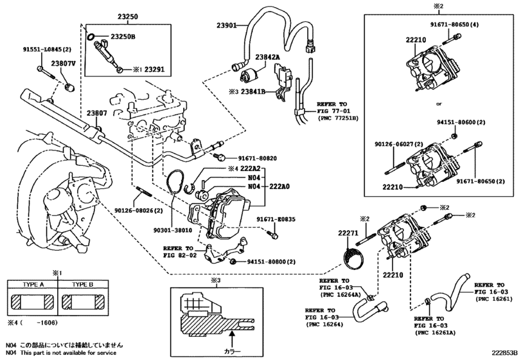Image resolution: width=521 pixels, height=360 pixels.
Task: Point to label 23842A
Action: click(x=269, y=57)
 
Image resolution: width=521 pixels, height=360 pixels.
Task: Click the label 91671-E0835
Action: click(x=276, y=219)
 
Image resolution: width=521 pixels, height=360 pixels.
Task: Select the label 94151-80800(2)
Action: click(x=272, y=262)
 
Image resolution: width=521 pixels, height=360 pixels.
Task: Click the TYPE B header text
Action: click(x=82, y=284)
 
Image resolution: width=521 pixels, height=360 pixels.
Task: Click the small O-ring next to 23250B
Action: click(x=93, y=37)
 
